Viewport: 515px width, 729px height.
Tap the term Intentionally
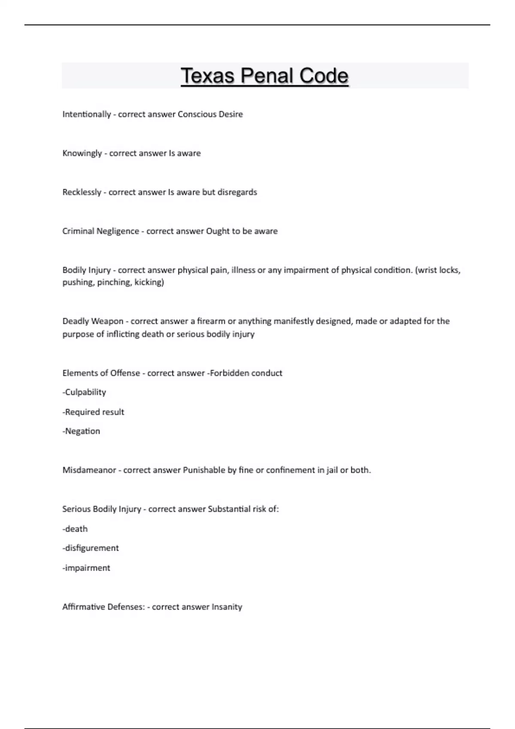(87, 114)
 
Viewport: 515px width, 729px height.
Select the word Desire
(231, 114)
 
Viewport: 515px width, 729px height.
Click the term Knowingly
(82, 153)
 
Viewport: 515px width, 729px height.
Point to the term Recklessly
(82, 192)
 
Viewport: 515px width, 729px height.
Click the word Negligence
(118, 231)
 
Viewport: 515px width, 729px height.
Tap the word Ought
(218, 231)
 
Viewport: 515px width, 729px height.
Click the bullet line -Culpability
(84, 392)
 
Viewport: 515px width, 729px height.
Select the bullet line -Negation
(81, 431)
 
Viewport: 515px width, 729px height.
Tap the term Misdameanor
(89, 470)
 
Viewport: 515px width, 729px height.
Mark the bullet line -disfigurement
(91, 548)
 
